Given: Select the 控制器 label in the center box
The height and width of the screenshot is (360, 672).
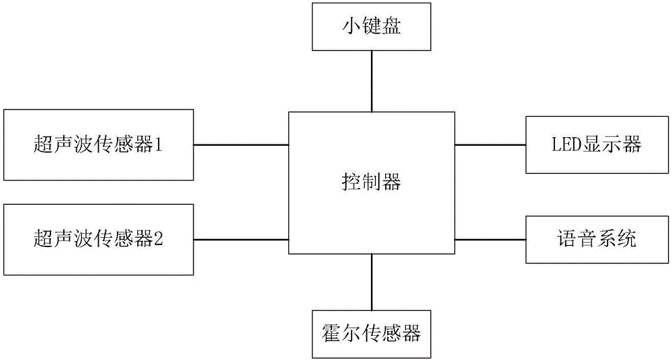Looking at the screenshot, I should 371,182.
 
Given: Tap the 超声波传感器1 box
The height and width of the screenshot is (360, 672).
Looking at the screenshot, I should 98,144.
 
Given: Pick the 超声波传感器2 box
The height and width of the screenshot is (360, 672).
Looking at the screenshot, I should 98,238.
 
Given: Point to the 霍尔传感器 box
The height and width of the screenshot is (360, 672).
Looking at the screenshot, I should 371,332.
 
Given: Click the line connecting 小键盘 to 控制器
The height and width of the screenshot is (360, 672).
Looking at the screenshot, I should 371,81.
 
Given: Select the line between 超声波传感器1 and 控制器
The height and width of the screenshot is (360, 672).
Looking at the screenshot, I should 241,144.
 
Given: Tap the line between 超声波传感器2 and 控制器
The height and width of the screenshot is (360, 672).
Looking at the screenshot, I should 241,239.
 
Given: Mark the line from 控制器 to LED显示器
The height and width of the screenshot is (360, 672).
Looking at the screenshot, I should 490,144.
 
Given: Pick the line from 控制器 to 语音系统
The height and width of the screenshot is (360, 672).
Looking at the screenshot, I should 490,239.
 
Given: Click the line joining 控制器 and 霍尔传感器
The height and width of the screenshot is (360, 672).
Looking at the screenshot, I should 371,281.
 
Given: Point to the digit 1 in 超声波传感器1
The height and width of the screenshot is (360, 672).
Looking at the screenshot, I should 159,144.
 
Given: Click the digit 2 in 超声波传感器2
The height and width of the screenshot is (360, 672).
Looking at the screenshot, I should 159,239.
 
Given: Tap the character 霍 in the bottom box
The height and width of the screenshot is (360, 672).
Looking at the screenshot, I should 331,333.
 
